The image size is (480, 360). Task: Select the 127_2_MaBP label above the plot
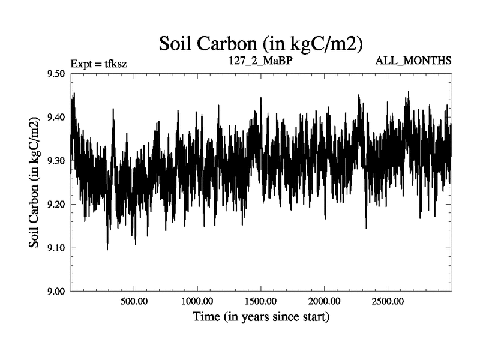260,60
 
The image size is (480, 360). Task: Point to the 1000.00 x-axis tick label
197,301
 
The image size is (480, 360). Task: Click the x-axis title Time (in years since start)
261,316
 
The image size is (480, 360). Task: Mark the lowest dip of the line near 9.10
107,249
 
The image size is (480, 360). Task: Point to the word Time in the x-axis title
206,316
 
